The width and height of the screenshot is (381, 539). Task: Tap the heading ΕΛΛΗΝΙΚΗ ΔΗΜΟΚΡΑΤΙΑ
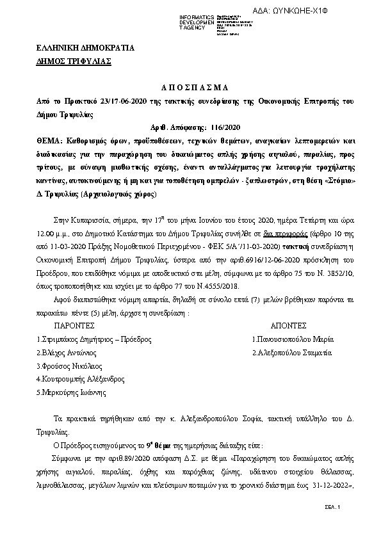point(76,48)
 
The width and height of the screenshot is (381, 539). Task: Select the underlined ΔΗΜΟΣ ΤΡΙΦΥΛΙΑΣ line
point(74,61)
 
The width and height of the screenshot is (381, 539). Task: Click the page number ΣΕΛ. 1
point(334,507)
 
